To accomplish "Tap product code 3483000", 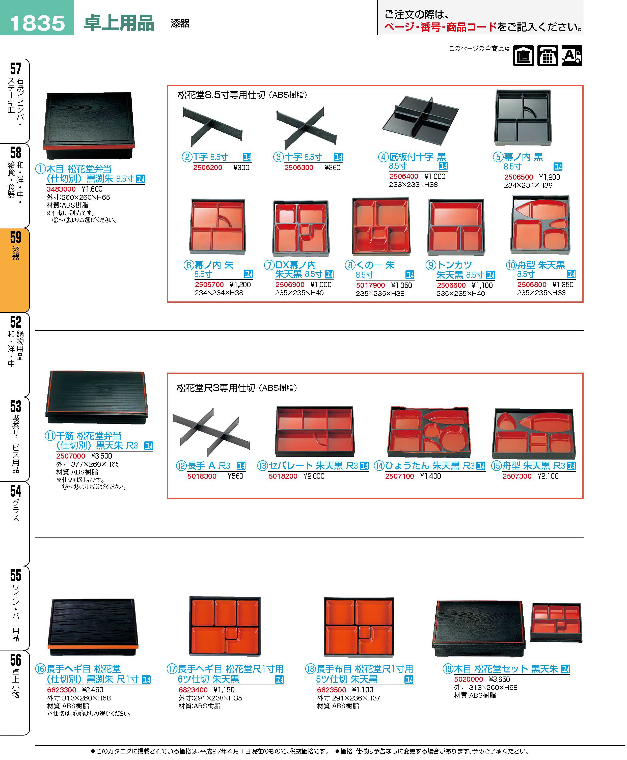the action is (x=61, y=189).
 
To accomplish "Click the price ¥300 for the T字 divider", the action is (x=241, y=167).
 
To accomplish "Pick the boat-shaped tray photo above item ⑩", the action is (x=540, y=224).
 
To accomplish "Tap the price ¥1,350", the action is (x=563, y=285).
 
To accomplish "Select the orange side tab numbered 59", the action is (x=15, y=270).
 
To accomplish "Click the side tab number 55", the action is (x=16, y=575).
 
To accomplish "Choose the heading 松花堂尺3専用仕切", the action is (x=216, y=388).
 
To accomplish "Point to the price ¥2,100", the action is (x=548, y=476).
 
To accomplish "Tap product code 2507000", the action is (x=71, y=456).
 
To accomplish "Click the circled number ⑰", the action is (x=172, y=669).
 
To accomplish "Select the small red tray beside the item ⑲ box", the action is (x=556, y=622).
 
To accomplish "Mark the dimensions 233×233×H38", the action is (x=413, y=184).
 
